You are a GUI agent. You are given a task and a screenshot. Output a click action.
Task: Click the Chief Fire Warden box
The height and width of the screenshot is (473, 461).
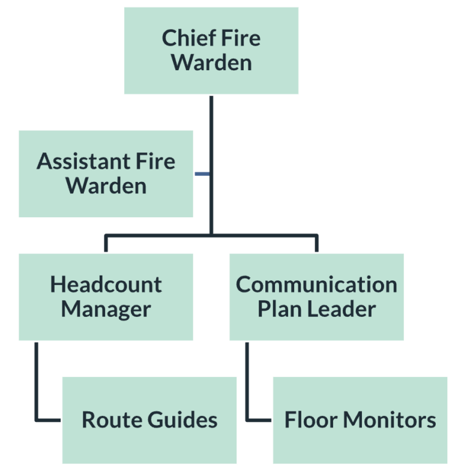point(211,50)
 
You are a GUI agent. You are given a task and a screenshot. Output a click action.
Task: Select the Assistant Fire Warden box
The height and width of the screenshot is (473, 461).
point(106,173)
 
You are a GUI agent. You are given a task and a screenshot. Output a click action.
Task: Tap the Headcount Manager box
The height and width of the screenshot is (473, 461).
point(106,297)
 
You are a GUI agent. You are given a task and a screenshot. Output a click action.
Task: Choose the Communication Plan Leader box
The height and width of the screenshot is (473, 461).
point(316,297)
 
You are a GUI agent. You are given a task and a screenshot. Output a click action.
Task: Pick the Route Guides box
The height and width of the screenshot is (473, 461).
point(149,420)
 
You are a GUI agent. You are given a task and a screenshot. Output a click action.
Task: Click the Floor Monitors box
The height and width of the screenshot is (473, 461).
point(360,420)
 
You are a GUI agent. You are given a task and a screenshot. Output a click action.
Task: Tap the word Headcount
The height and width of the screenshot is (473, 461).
point(106,285)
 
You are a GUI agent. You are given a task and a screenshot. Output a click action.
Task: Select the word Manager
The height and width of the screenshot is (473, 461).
point(106,309)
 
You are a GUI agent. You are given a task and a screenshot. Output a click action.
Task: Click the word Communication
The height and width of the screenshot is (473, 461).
point(316,285)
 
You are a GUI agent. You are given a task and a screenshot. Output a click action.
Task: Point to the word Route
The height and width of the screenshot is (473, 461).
point(106,420)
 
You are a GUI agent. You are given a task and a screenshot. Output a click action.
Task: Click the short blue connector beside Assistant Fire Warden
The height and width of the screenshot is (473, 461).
point(202,174)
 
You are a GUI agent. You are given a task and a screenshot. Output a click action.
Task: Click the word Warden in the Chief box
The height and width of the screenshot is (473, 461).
point(211,63)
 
